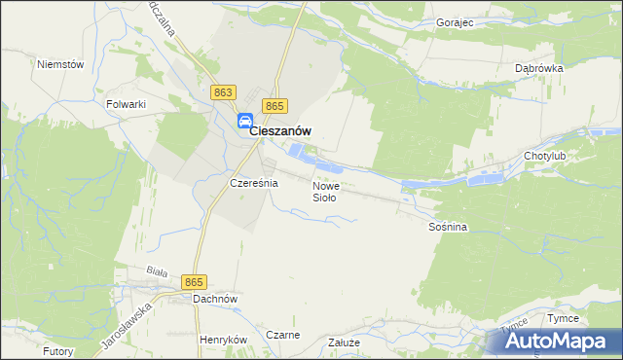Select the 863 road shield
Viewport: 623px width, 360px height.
pyautogui.click(x=222, y=91)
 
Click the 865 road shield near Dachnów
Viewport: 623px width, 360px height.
pyautogui.click(x=194, y=281)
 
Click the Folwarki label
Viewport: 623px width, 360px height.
pyautogui.click(x=126, y=102)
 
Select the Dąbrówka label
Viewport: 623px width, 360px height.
pyautogui.click(x=538, y=69)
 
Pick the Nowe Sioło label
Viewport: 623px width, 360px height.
pyautogui.click(x=325, y=191)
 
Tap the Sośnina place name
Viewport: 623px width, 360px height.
pyautogui.click(x=448, y=227)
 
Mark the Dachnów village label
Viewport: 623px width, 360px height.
pyautogui.click(x=215, y=300)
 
